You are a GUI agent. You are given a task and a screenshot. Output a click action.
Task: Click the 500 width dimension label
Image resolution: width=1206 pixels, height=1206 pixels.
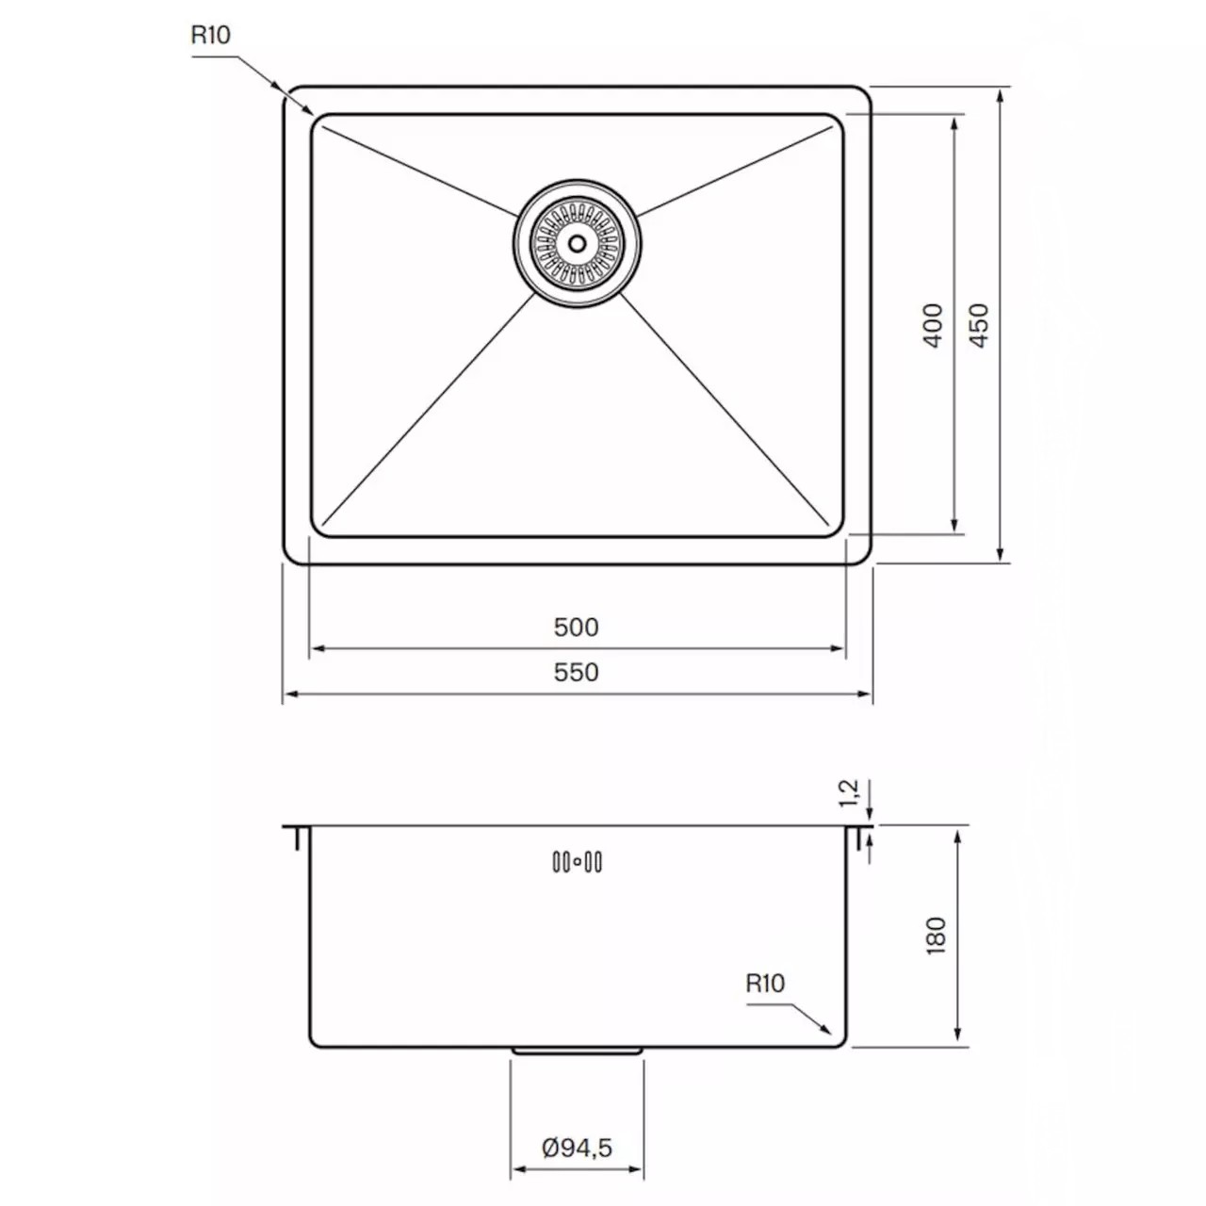tap(576, 627)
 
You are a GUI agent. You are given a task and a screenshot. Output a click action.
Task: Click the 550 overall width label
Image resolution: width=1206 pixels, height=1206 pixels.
tap(576, 672)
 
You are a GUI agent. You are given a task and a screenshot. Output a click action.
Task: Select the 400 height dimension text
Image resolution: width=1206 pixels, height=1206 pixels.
tap(933, 325)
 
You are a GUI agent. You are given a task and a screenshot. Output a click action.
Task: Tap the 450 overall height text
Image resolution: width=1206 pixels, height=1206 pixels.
tap(980, 325)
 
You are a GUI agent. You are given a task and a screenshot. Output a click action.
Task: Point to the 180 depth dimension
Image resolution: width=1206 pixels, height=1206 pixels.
tap(936, 936)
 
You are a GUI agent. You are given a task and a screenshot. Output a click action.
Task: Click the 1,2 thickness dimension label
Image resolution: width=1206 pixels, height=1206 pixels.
tap(849, 793)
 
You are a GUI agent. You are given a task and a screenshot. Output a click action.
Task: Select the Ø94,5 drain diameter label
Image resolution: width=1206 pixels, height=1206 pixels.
tap(578, 1148)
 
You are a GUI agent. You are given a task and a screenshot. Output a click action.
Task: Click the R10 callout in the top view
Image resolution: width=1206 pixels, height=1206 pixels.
tap(210, 35)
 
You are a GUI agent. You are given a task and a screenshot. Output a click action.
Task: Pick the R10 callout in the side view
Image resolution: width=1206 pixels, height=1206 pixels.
tap(764, 984)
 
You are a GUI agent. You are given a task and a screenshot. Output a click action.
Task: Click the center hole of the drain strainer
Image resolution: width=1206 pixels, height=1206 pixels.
tap(577, 242)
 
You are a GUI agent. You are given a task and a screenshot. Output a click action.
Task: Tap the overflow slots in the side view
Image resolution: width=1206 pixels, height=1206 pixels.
tap(577, 861)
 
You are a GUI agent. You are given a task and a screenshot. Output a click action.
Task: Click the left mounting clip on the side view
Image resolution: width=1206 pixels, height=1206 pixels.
tap(297, 838)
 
